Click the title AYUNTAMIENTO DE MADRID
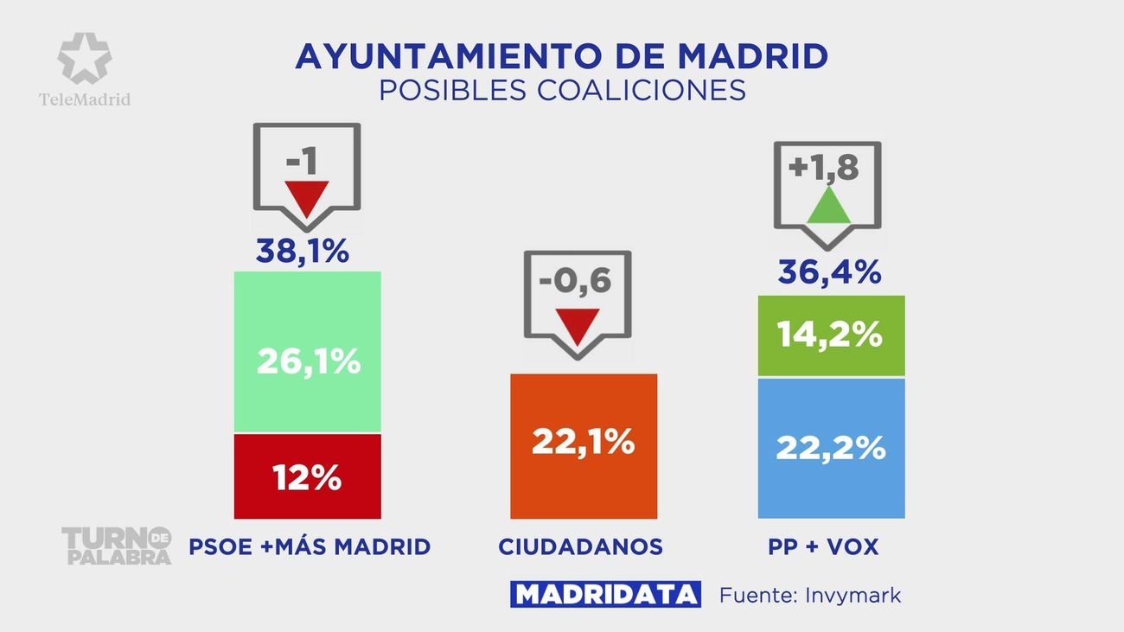[562, 56]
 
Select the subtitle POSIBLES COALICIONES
[562, 90]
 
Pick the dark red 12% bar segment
[307, 476]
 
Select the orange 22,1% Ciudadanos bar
[584, 446]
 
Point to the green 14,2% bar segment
[831, 335]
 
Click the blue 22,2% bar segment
[831, 448]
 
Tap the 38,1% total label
[303, 252]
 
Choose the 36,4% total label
[829, 272]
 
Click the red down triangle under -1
[307, 198]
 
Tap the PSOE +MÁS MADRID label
[310, 546]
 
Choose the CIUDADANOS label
[580, 546]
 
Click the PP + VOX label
[823, 546]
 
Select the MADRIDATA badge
[605, 595]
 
